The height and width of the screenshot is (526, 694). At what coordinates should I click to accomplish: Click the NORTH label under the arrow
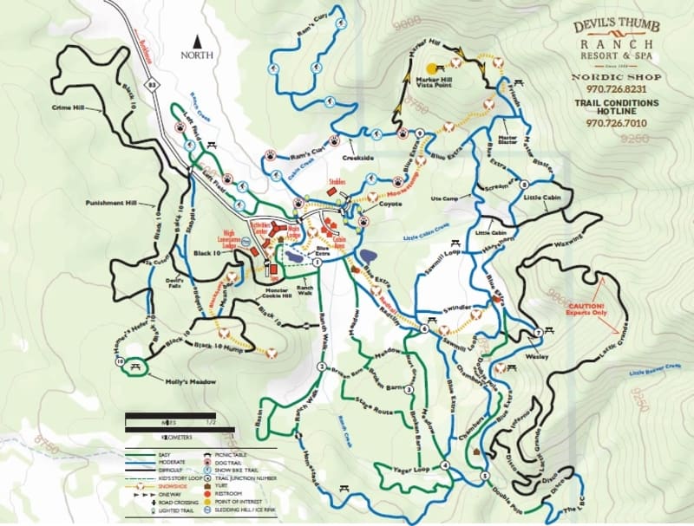click(197, 54)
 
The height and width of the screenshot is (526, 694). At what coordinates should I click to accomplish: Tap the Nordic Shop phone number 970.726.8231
click(616, 88)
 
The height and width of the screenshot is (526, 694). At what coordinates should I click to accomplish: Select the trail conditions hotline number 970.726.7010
click(616, 123)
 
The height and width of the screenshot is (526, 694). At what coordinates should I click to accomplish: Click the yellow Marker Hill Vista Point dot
click(431, 66)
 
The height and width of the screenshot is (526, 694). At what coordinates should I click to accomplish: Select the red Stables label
click(338, 183)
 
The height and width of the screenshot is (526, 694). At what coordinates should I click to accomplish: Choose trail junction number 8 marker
click(525, 184)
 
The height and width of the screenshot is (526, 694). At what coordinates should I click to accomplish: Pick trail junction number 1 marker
click(318, 261)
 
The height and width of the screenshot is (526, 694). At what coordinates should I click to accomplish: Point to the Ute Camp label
click(444, 198)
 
